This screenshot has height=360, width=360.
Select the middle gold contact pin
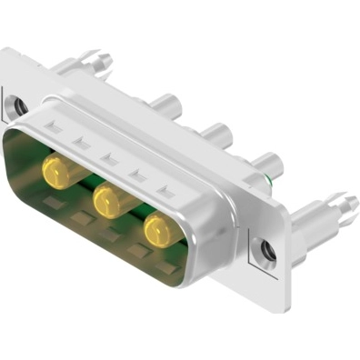(109, 197)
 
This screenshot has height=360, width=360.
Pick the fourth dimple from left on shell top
(138, 175)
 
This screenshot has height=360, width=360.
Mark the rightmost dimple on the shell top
(166, 192)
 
